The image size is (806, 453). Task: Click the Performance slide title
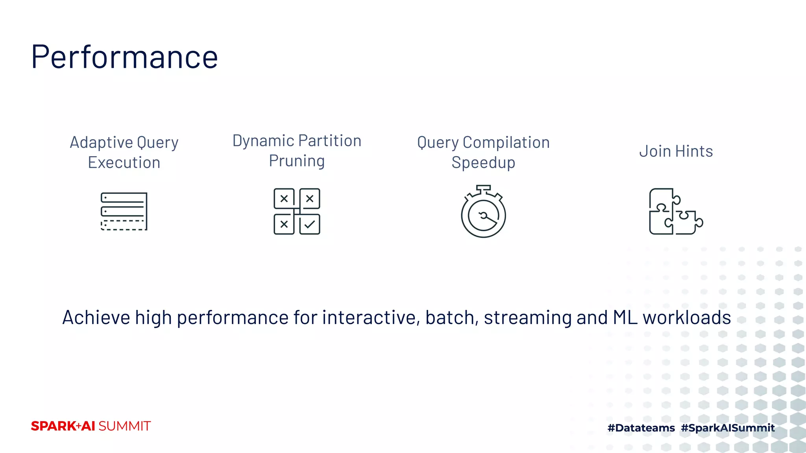[x=124, y=57]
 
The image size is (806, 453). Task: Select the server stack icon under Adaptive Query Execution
[x=124, y=211]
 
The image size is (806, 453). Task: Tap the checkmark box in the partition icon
[x=310, y=225]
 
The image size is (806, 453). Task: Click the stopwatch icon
[x=483, y=212]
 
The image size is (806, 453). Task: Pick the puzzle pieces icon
[x=675, y=212]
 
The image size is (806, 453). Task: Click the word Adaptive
[x=102, y=142]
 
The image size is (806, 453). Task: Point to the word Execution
[x=124, y=163]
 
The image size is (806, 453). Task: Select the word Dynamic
[x=263, y=141]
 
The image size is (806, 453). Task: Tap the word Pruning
[x=297, y=161]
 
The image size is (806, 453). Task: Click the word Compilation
[x=506, y=142]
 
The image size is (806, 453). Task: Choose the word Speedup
[x=483, y=163]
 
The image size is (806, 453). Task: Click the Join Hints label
[x=676, y=151]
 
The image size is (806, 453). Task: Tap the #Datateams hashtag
[x=641, y=428]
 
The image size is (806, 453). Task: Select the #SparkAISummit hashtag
[x=728, y=428]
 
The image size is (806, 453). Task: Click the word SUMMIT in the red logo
[x=124, y=426]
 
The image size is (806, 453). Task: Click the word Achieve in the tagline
[x=96, y=318]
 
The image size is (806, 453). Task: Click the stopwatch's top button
[x=483, y=188]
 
